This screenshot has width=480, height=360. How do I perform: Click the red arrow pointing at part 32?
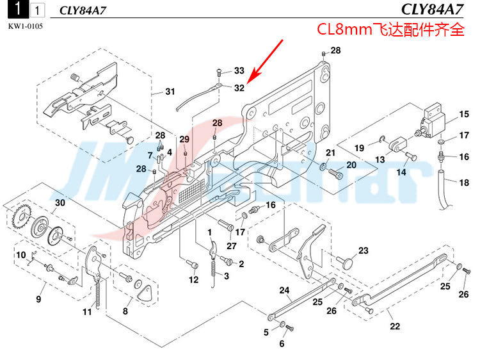click(265, 61)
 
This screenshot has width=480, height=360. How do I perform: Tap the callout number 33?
click(239, 70)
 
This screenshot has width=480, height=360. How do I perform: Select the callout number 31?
click(170, 92)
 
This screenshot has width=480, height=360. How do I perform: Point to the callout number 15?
click(464, 114)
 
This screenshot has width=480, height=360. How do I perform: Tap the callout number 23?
click(364, 250)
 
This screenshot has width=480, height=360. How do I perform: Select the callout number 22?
click(395, 326)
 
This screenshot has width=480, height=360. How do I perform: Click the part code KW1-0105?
click(26, 26)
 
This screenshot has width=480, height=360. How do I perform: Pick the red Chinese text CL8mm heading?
click(390, 29)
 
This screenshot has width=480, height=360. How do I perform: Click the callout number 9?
click(38, 299)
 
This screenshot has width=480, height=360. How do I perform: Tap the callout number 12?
click(193, 280)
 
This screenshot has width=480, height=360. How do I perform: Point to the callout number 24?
click(284, 290)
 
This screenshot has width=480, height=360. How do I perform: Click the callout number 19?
click(359, 148)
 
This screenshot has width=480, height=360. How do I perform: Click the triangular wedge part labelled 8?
click(145, 293)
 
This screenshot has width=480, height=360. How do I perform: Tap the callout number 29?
click(184, 140)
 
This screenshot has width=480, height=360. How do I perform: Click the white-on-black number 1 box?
click(18, 9)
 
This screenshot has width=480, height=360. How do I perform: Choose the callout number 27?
click(232, 246)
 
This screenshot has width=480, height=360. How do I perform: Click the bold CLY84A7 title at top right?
click(432, 10)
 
